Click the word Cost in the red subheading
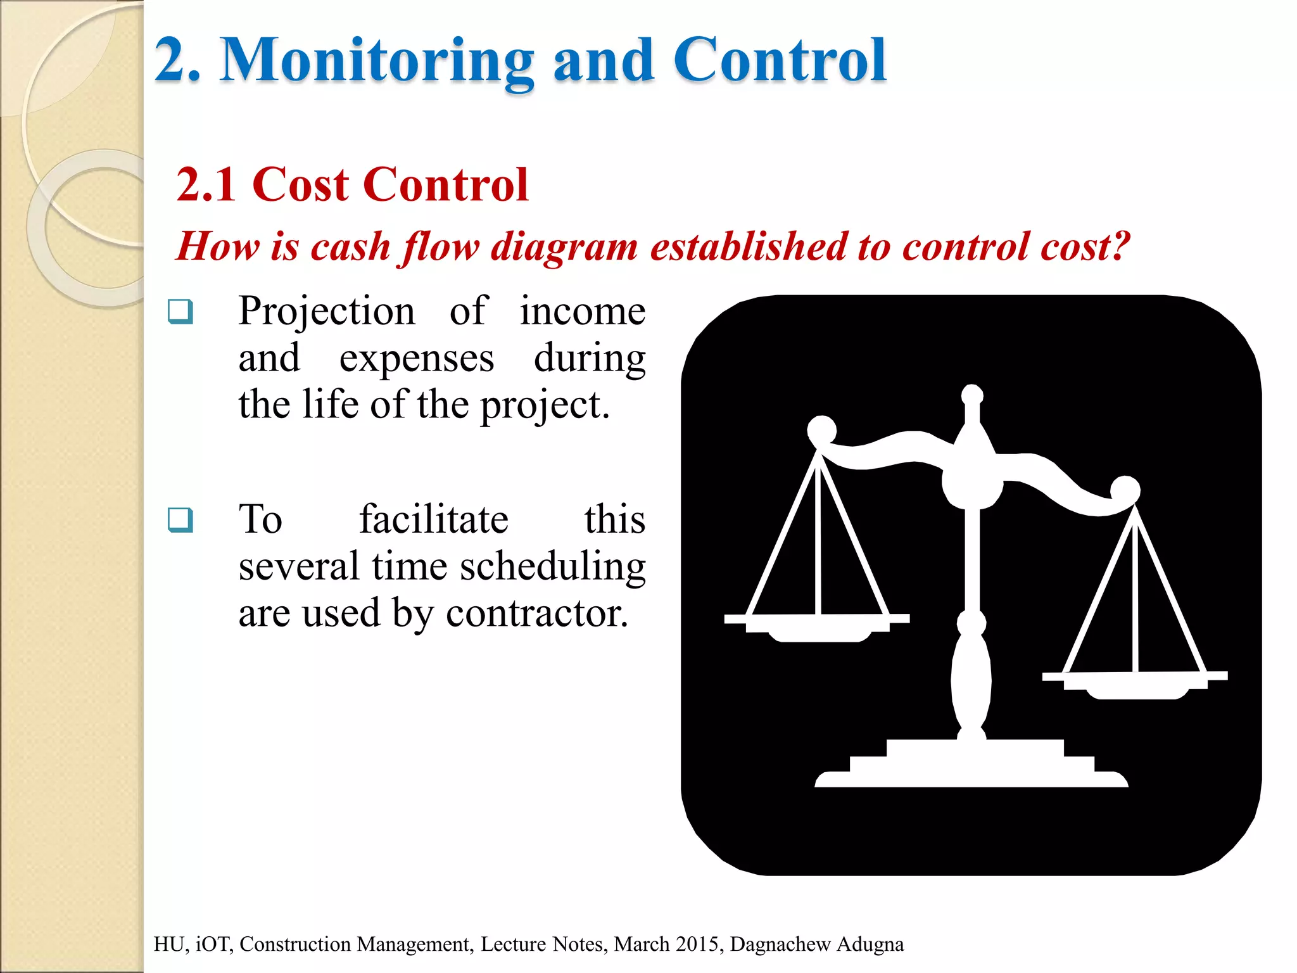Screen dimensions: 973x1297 300,185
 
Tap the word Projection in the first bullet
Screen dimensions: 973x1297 327,312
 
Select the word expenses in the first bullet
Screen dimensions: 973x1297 416,359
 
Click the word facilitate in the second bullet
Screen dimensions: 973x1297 434,519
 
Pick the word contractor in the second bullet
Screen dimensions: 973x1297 537,613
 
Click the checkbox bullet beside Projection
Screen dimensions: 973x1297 180,312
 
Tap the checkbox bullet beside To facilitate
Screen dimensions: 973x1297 180,520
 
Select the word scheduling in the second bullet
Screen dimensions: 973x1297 553,566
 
